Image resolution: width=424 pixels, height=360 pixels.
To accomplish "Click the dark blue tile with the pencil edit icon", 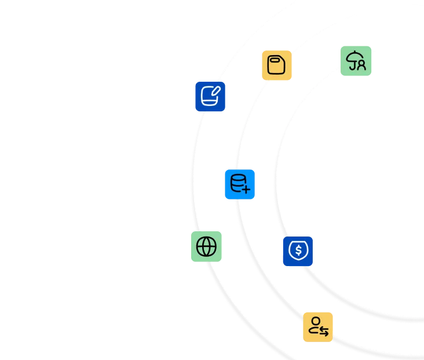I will tap(210, 96).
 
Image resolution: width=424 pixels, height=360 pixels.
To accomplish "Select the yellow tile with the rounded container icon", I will tap(276, 65).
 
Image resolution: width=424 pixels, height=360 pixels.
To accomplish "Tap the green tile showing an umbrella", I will tap(355, 60).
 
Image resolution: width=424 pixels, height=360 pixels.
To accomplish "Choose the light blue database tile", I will tap(239, 184).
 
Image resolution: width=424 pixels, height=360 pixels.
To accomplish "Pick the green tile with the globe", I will tap(206, 246).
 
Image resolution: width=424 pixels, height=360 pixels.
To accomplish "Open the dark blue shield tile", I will tap(298, 252).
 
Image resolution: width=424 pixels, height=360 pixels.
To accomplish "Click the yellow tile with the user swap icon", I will tap(318, 327).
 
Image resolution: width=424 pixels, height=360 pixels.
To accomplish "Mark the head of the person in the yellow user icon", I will tap(315, 321).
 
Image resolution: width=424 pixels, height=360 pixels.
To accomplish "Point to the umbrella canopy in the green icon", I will tap(354, 56).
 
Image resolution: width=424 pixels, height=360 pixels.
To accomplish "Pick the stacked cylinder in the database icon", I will tap(237, 182).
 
